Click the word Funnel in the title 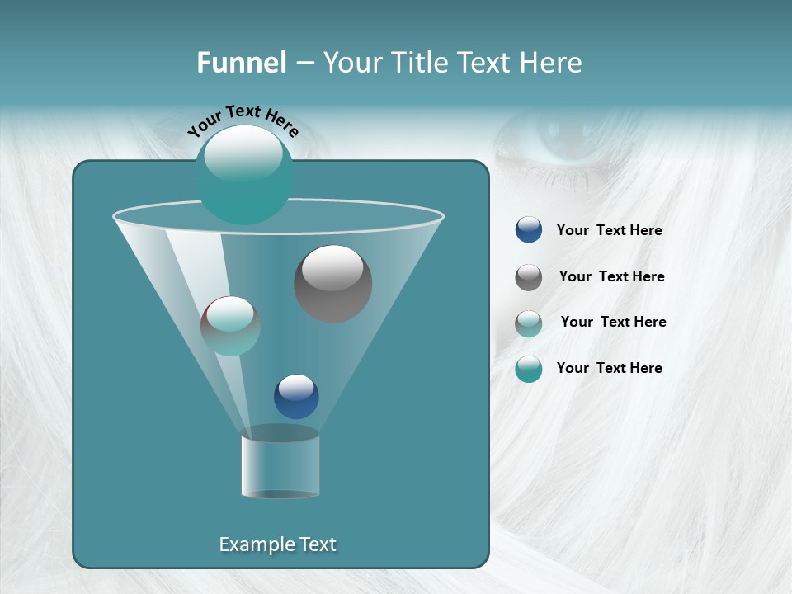click(x=241, y=63)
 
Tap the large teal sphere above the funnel click(x=243, y=174)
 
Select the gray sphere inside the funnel click(x=332, y=283)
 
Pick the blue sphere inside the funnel click(x=296, y=396)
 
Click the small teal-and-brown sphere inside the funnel click(x=230, y=326)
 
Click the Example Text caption click(x=277, y=544)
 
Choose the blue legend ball click(x=529, y=230)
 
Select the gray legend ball click(x=529, y=277)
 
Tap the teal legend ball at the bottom click(x=529, y=369)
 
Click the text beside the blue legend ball click(x=609, y=231)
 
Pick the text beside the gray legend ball click(x=611, y=277)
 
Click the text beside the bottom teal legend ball click(x=609, y=368)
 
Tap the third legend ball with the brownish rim click(x=529, y=323)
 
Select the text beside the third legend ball click(x=613, y=322)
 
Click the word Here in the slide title click(x=548, y=63)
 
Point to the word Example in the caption click(x=254, y=544)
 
